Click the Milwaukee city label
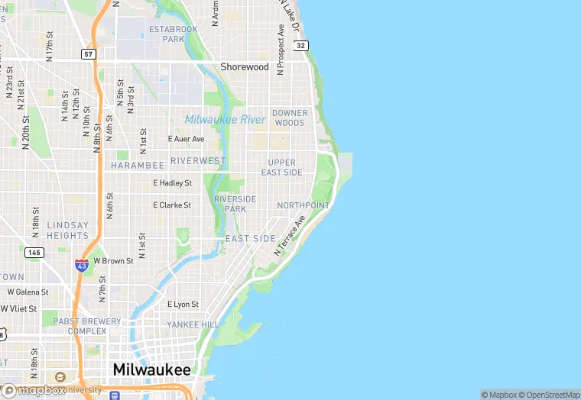(x=151, y=369)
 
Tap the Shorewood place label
(x=245, y=67)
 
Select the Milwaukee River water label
(x=225, y=120)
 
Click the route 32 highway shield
(x=301, y=46)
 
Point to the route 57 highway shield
(x=89, y=54)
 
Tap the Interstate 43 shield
(x=82, y=265)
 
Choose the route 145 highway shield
(x=34, y=253)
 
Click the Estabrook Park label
(x=174, y=34)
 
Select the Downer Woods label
(x=289, y=118)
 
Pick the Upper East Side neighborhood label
(x=281, y=168)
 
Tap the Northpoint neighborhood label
(x=303, y=206)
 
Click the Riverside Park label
(x=235, y=204)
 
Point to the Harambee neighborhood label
(x=137, y=166)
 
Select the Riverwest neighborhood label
(x=197, y=161)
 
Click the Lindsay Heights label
(x=67, y=231)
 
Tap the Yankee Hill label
(x=193, y=324)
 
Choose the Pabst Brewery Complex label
(x=86, y=326)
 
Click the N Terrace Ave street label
(x=290, y=234)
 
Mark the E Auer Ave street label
(x=186, y=139)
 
